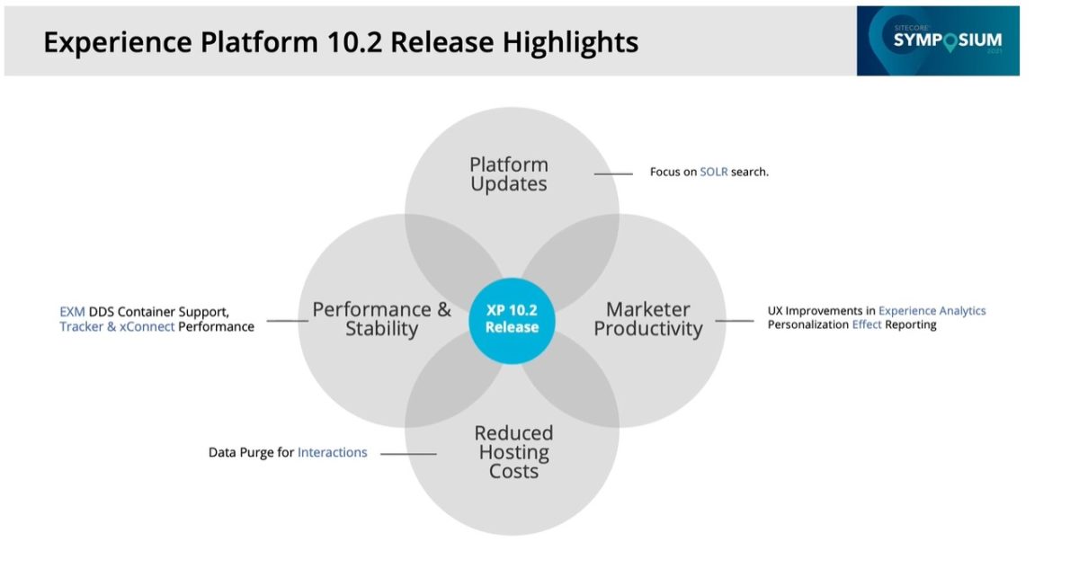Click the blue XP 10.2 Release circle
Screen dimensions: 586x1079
click(x=512, y=318)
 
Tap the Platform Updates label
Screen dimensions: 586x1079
click(x=508, y=174)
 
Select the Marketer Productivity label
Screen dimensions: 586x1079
click(x=647, y=319)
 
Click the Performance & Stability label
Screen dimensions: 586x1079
click(x=381, y=319)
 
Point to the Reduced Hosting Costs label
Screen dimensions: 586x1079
click(x=513, y=452)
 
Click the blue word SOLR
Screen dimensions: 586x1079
click(x=714, y=172)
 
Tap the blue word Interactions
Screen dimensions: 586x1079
click(x=332, y=453)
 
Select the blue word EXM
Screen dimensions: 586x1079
click(x=72, y=311)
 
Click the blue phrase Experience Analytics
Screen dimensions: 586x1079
click(x=932, y=311)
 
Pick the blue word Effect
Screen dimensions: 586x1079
click(x=867, y=325)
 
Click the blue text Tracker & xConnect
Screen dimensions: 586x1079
click(x=117, y=327)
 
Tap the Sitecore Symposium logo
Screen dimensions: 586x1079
click(x=938, y=40)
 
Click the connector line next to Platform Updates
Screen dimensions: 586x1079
click(x=613, y=173)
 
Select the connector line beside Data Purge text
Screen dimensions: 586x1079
click(x=408, y=454)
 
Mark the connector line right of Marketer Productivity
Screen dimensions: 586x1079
click(x=735, y=320)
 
